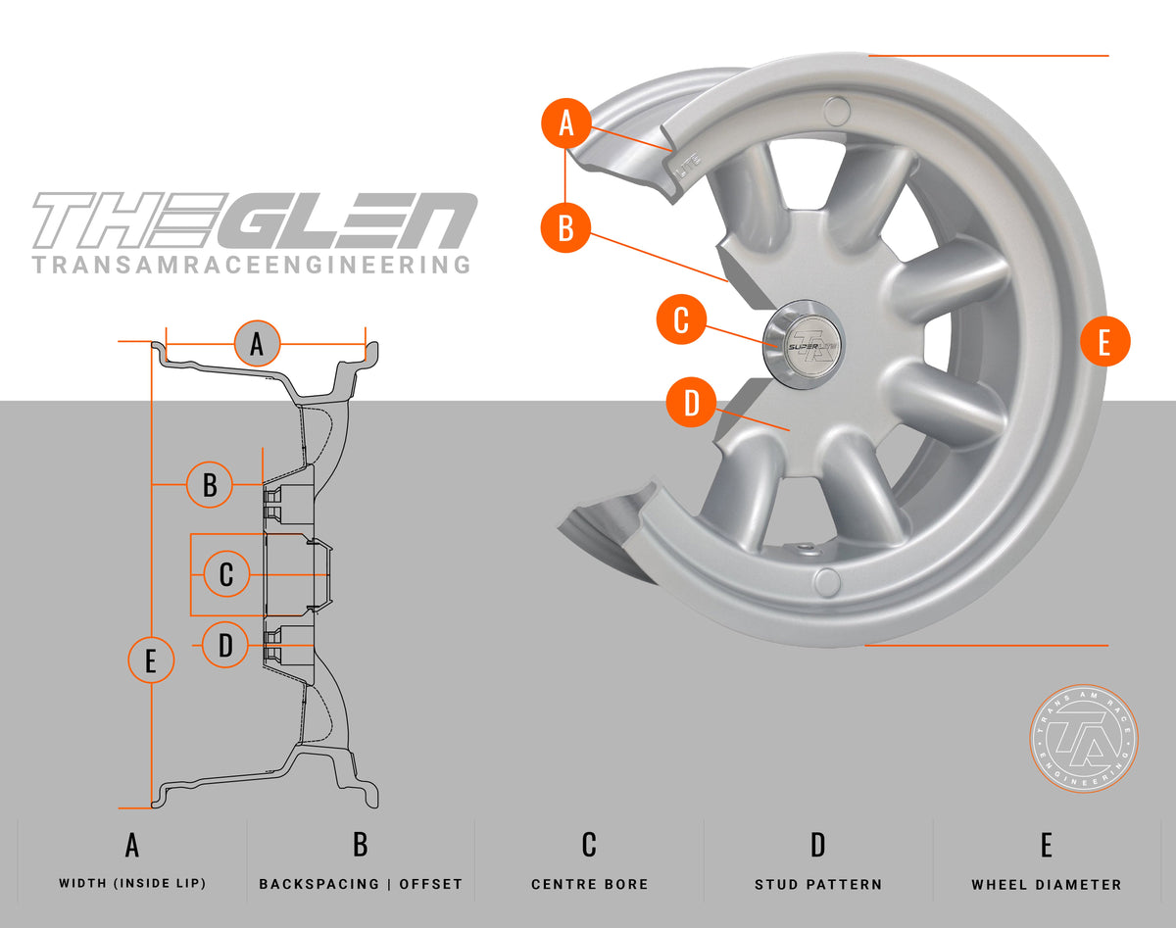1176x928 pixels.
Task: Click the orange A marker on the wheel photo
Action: (566, 124)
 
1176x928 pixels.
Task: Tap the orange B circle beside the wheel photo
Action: (565, 228)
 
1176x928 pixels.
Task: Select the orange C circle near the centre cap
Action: (681, 319)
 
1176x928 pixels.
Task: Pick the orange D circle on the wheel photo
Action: (691, 404)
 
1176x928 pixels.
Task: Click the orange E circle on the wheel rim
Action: (1104, 342)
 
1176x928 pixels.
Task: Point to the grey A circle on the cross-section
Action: (257, 344)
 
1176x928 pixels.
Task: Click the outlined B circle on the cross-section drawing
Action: (209, 484)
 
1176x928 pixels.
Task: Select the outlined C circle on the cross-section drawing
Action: (226, 574)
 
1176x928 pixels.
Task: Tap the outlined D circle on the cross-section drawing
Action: (225, 645)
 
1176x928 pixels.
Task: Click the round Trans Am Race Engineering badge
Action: (1083, 738)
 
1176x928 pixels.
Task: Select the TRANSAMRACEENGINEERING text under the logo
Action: (251, 265)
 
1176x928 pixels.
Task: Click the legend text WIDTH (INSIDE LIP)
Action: (132, 883)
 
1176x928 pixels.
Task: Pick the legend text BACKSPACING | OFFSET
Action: (361, 884)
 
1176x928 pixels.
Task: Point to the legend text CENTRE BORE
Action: (589, 884)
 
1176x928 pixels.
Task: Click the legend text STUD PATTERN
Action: (818, 884)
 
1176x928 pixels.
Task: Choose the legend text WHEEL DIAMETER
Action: (1046, 884)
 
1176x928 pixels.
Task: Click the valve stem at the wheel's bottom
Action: (805, 549)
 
